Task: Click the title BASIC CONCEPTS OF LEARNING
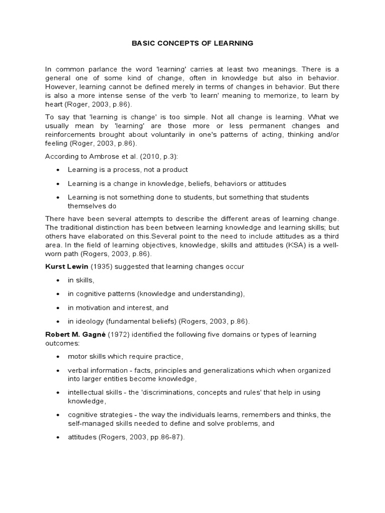pos(192,43)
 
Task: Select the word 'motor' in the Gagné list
pos(77,357)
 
